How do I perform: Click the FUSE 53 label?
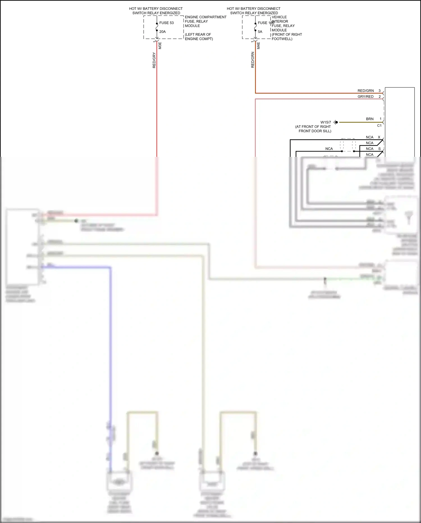pyautogui.click(x=166, y=23)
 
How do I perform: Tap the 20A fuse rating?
pyautogui.click(x=163, y=32)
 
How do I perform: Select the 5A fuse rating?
pyautogui.click(x=260, y=32)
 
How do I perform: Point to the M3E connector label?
pyautogui.click(x=160, y=46)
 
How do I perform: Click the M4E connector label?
pyautogui.click(x=258, y=46)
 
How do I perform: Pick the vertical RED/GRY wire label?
pyautogui.click(x=154, y=60)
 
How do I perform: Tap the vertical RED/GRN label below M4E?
pyautogui.click(x=253, y=60)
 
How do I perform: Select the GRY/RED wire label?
pyautogui.click(x=365, y=97)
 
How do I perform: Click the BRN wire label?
pyautogui.click(x=370, y=119)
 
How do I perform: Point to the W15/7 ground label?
pyautogui.click(x=326, y=122)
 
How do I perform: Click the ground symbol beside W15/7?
pyautogui.click(x=336, y=122)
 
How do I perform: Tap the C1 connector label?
pyautogui.click(x=379, y=126)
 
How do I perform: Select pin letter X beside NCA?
pyautogui.click(x=379, y=137)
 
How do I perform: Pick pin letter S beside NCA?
pyautogui.click(x=379, y=149)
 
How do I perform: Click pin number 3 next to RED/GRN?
pyautogui.click(x=379, y=91)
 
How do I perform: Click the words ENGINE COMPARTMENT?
pyautogui.click(x=205, y=17)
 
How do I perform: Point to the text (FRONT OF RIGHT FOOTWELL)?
pyautogui.click(x=287, y=37)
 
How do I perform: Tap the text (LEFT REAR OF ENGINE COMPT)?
pyautogui.click(x=199, y=37)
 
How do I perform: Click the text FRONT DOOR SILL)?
pyautogui.click(x=315, y=131)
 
